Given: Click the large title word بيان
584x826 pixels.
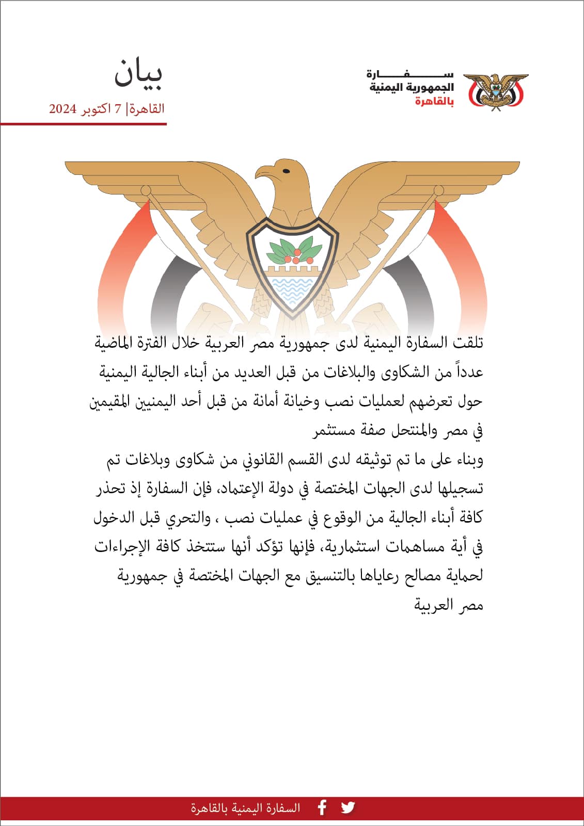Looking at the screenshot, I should point(138,73).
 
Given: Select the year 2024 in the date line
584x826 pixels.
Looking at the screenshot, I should point(63,109).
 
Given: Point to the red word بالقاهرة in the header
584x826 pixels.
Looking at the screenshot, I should point(434,102).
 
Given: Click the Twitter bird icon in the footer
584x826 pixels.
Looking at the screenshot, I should point(348,807).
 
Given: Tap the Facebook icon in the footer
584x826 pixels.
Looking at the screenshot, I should point(322,807).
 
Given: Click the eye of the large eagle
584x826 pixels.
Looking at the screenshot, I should point(286,171).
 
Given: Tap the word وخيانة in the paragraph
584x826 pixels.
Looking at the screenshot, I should point(301,401).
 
